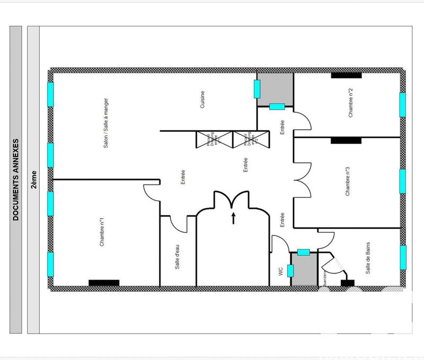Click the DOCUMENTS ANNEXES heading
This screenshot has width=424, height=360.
click(x=16, y=180)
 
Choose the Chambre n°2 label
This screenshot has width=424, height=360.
click(x=350, y=103)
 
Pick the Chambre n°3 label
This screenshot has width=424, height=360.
click(x=348, y=182)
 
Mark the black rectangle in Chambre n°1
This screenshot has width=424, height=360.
click(x=104, y=283)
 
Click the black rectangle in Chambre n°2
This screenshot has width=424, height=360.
click(x=347, y=75)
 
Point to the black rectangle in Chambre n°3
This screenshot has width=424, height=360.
click(x=346, y=140)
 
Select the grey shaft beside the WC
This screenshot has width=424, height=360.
click(x=304, y=270)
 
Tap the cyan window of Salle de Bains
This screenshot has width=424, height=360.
click(x=403, y=257)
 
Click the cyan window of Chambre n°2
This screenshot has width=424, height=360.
click(x=402, y=103)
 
